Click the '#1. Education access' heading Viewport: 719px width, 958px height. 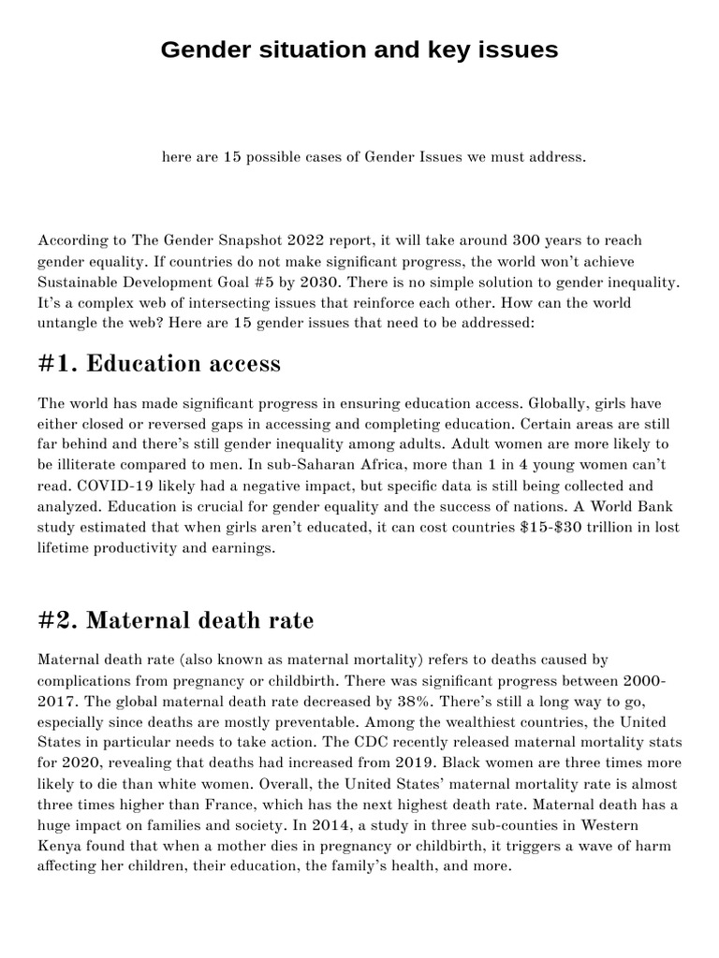point(159,363)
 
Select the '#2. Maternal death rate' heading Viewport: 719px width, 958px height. point(176,620)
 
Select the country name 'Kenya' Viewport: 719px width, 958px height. point(60,846)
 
